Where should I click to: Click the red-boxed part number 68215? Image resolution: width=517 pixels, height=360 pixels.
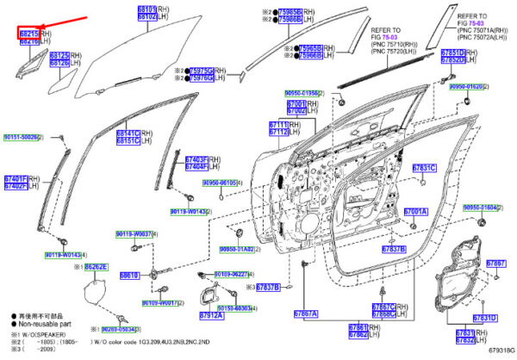point(29,34)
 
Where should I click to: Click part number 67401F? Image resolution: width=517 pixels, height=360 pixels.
point(17,178)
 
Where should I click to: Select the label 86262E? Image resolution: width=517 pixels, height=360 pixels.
point(95,268)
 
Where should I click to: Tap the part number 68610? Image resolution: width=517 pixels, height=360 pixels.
point(129,276)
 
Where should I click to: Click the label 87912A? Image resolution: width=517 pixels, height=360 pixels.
point(212,316)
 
